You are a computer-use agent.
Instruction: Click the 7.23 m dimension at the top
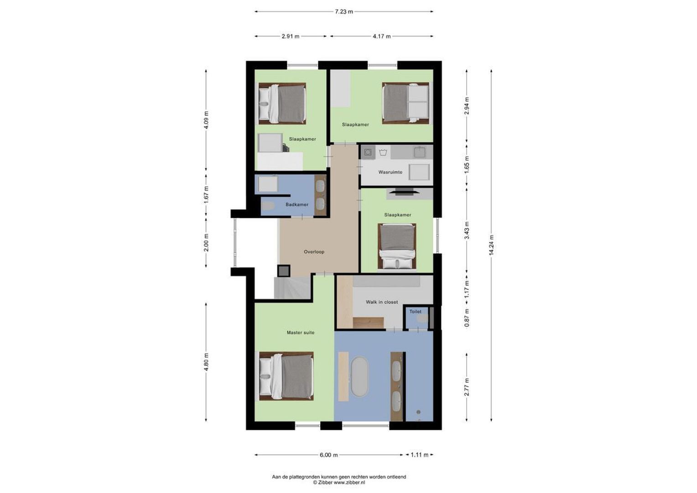point(343,12)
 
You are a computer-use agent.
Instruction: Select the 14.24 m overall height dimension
point(491,245)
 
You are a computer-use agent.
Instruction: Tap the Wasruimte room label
point(390,173)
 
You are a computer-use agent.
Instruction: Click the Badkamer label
point(297,205)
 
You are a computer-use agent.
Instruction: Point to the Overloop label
point(314,252)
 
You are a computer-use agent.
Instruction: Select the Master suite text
point(300,333)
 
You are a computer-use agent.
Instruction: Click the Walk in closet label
point(381,302)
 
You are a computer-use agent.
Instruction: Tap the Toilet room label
point(415,312)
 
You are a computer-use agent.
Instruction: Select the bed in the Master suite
point(286,376)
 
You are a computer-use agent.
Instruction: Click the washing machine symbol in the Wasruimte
point(368,152)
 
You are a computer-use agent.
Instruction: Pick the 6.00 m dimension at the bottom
point(328,455)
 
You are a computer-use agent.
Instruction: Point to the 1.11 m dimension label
point(420,455)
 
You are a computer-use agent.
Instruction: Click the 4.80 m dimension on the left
point(206,362)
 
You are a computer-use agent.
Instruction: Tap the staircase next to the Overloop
point(292,288)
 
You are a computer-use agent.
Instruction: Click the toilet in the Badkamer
point(268,206)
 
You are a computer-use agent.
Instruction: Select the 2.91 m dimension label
point(290,37)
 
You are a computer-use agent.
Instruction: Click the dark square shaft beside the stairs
point(284,271)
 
